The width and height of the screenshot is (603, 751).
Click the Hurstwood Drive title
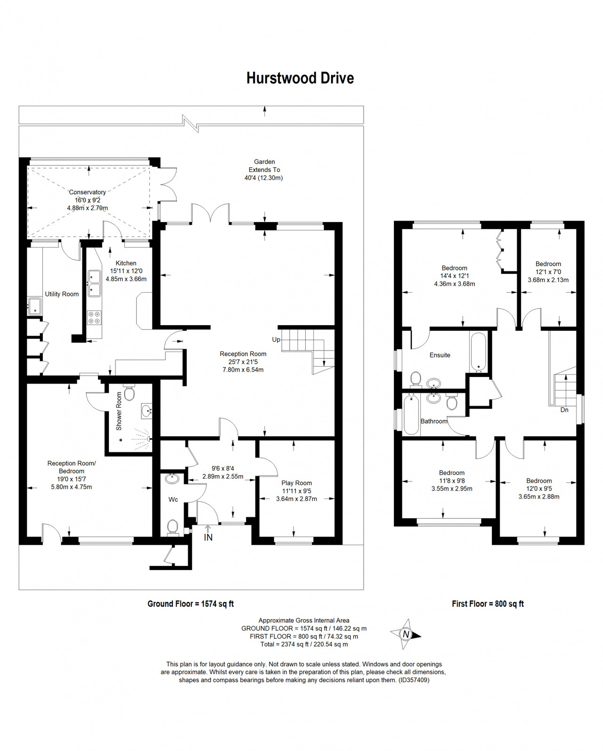[x=300, y=78]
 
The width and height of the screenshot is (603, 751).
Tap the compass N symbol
[x=406, y=634]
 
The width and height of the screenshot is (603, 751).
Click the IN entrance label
[x=208, y=538]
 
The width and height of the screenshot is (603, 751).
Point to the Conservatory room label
[x=87, y=192]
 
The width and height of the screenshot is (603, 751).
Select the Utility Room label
[x=62, y=294]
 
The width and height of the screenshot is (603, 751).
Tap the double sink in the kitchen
[x=94, y=283]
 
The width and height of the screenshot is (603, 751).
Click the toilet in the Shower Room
[x=129, y=393]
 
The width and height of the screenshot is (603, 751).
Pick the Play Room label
[x=297, y=483]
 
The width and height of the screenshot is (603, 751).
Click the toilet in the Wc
[x=172, y=527]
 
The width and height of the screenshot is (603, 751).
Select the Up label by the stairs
[x=276, y=340]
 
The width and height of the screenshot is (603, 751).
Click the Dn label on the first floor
[x=564, y=410]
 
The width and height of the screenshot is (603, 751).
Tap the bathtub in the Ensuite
[x=478, y=352]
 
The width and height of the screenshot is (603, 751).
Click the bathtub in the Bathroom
[x=411, y=415]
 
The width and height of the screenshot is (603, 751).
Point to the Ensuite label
[x=440, y=355]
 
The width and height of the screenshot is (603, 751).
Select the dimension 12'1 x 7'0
[x=548, y=272]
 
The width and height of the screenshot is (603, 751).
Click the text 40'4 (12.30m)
[x=264, y=178]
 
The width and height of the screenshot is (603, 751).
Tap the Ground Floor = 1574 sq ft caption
[x=190, y=604]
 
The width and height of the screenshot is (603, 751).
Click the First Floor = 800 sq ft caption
[x=488, y=604]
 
